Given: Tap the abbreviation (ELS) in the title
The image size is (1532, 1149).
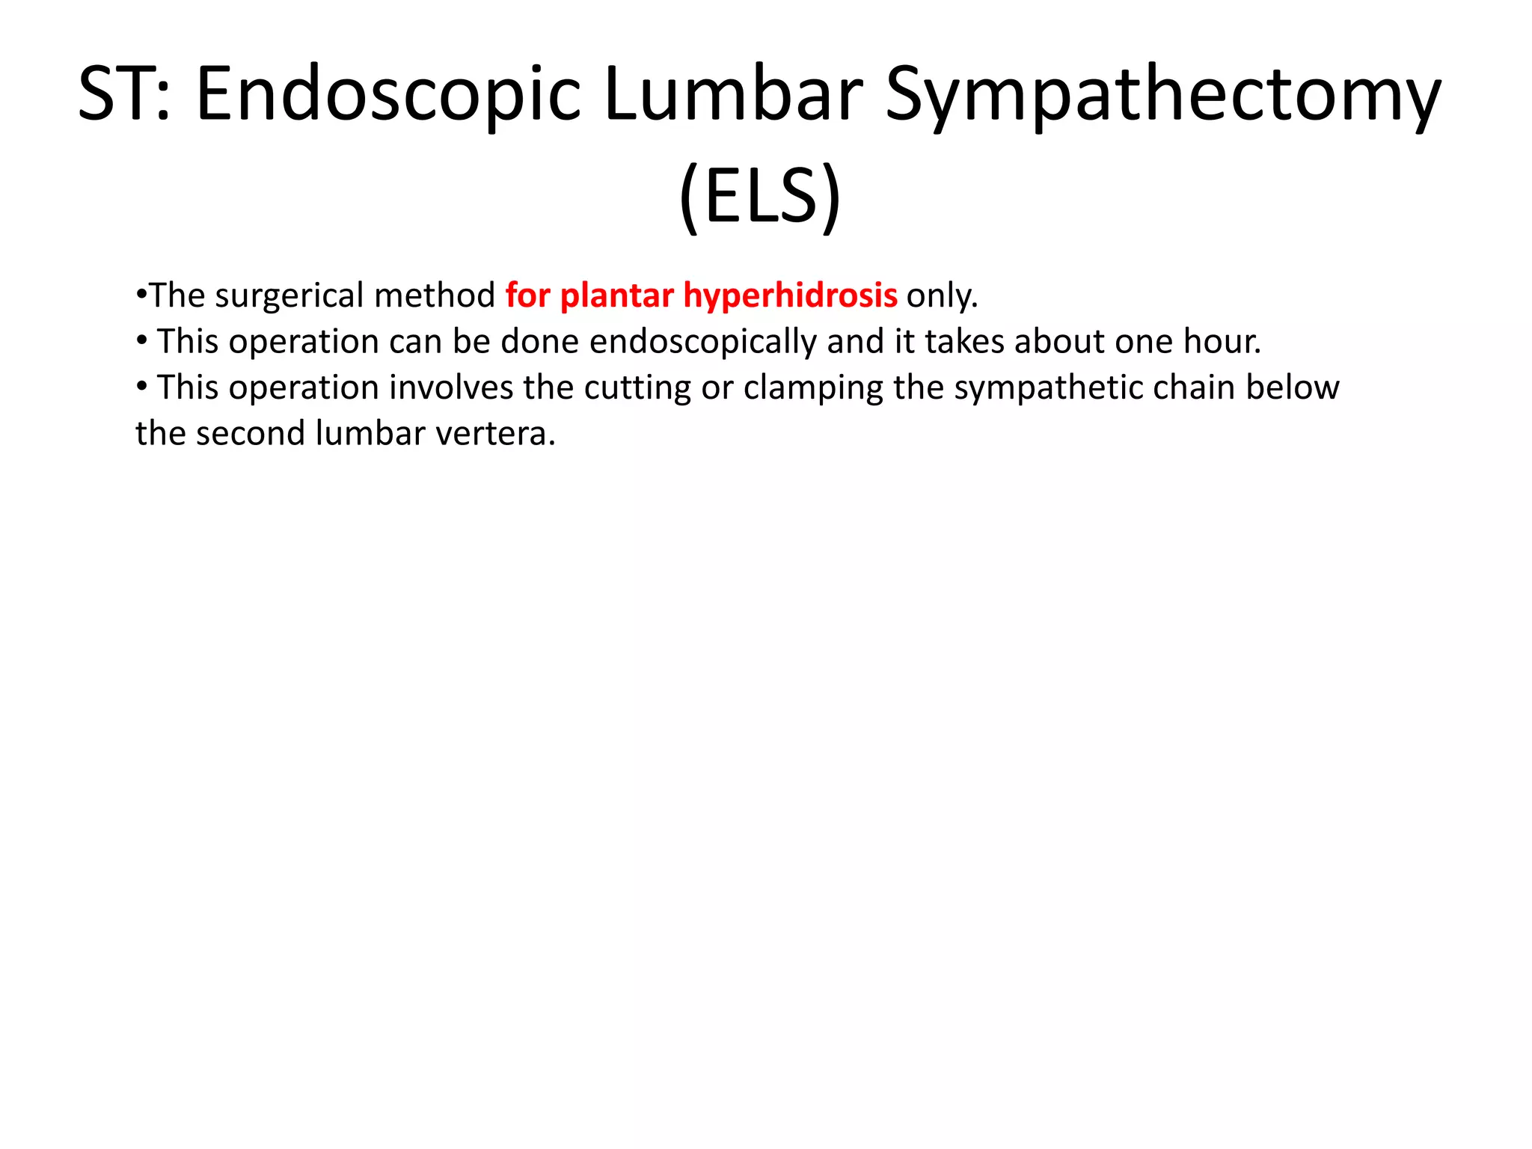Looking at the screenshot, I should point(760,196).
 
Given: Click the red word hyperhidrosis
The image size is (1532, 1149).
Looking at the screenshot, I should point(790,295).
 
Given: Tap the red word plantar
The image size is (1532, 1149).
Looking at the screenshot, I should point(616,295).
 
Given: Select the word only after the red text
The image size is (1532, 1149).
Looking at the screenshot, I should point(942,295).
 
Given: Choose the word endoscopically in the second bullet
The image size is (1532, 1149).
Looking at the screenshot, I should point(704,342).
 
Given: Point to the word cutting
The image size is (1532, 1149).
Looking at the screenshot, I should point(637,388).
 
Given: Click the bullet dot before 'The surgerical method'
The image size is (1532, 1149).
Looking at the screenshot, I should point(141,294).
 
